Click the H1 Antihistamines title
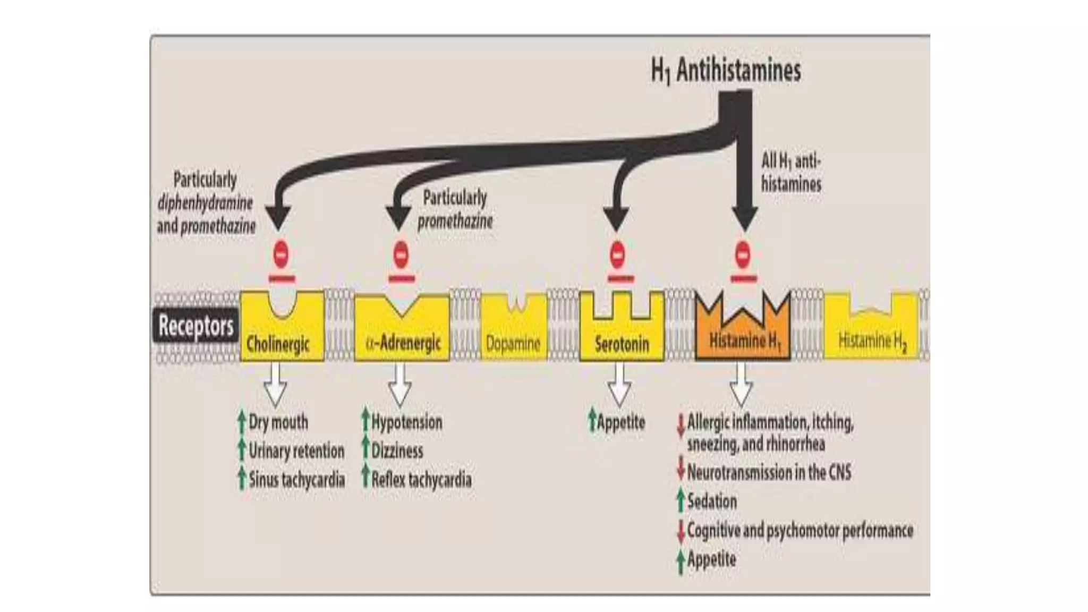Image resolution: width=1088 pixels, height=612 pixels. coord(726,71)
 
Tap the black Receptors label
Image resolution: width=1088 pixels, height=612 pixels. coord(195,326)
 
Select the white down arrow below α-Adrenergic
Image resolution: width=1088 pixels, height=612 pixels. coord(399,385)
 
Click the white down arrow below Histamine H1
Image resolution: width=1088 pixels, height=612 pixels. coord(742,385)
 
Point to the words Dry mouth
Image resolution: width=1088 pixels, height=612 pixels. coord(278,422)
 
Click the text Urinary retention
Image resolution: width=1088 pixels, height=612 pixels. coord(296,451)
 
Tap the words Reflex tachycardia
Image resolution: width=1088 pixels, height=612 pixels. coord(421,480)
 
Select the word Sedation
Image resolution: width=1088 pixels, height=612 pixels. coord(712,501)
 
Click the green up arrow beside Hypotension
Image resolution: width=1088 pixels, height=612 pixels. coord(365,420)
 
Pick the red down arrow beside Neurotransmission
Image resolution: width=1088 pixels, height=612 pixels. coord(681,471)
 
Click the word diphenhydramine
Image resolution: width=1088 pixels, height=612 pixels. coord(205,203)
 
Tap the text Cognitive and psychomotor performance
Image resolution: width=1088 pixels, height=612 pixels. coord(800,530)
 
